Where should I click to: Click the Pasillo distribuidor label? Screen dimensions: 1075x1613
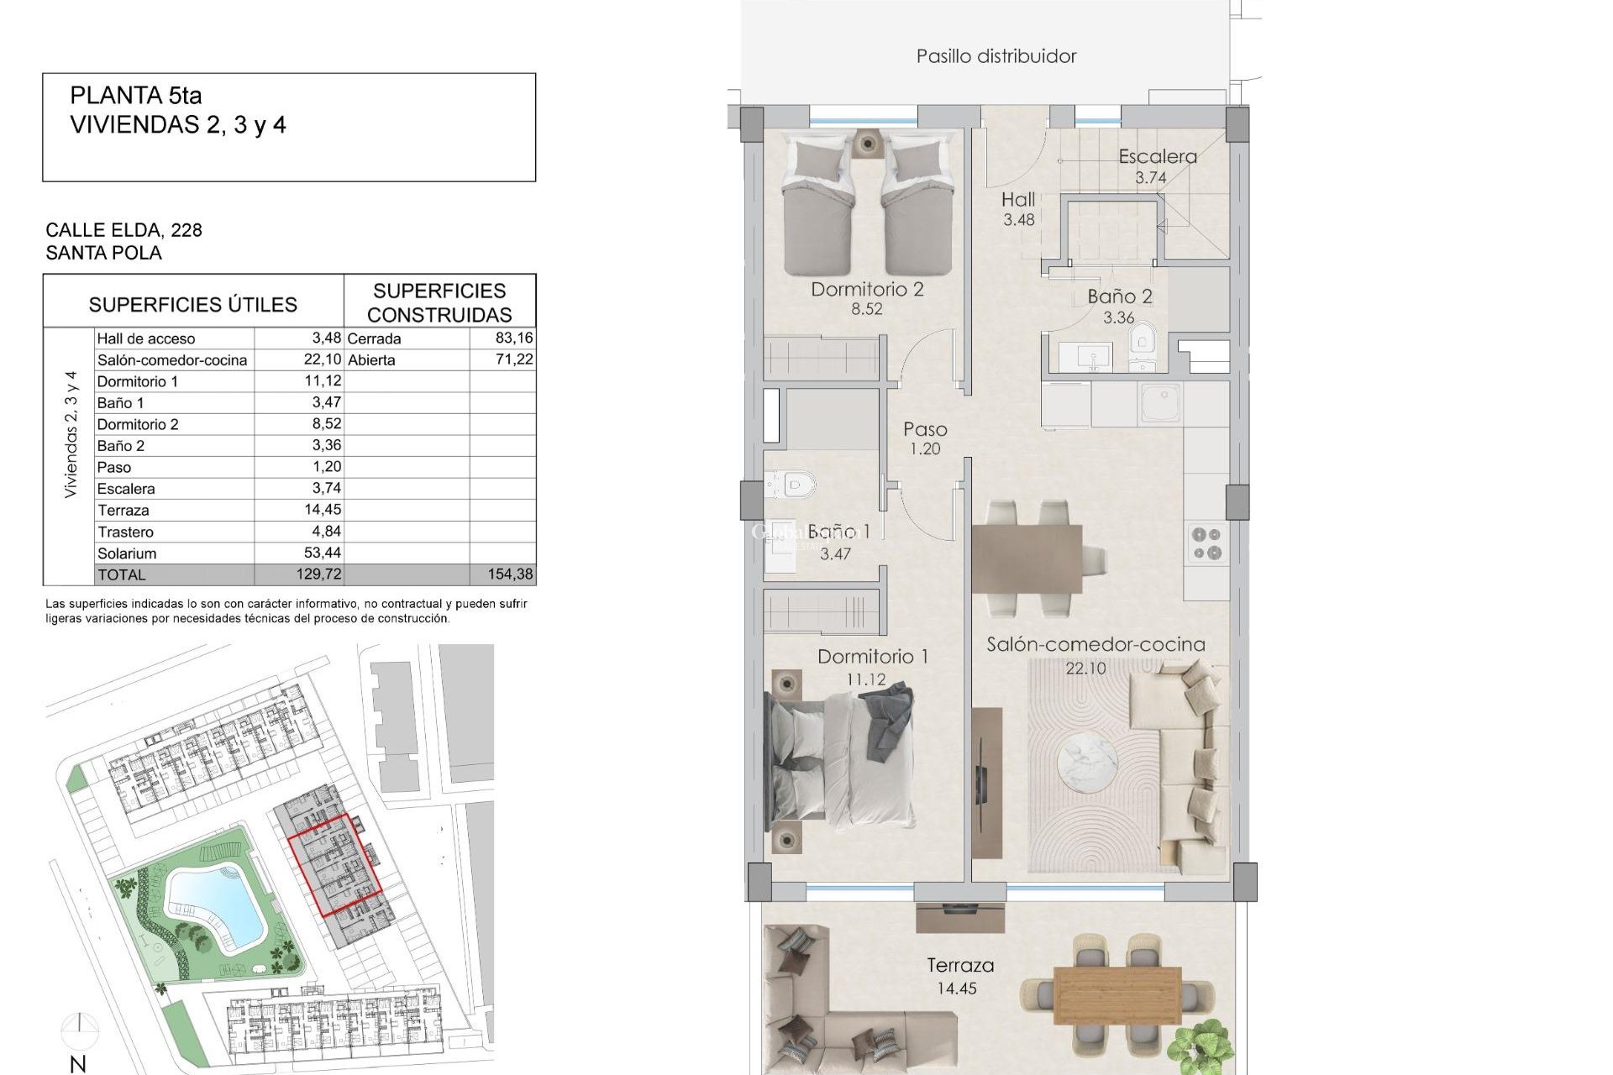[x=996, y=56]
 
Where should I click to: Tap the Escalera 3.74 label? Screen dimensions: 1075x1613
[x=1156, y=165]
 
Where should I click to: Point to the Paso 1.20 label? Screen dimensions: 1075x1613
[x=925, y=438]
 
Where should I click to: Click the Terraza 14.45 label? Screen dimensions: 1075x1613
[x=959, y=976]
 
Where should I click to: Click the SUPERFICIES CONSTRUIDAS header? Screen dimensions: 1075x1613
[x=439, y=302]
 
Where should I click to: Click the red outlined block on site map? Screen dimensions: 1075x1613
[x=334, y=863]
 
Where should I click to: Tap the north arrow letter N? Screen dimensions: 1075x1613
[x=77, y=1064]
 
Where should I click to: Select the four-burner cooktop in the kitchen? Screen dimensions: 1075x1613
[x=1206, y=543]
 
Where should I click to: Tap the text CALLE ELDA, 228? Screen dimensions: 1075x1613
[x=123, y=230]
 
